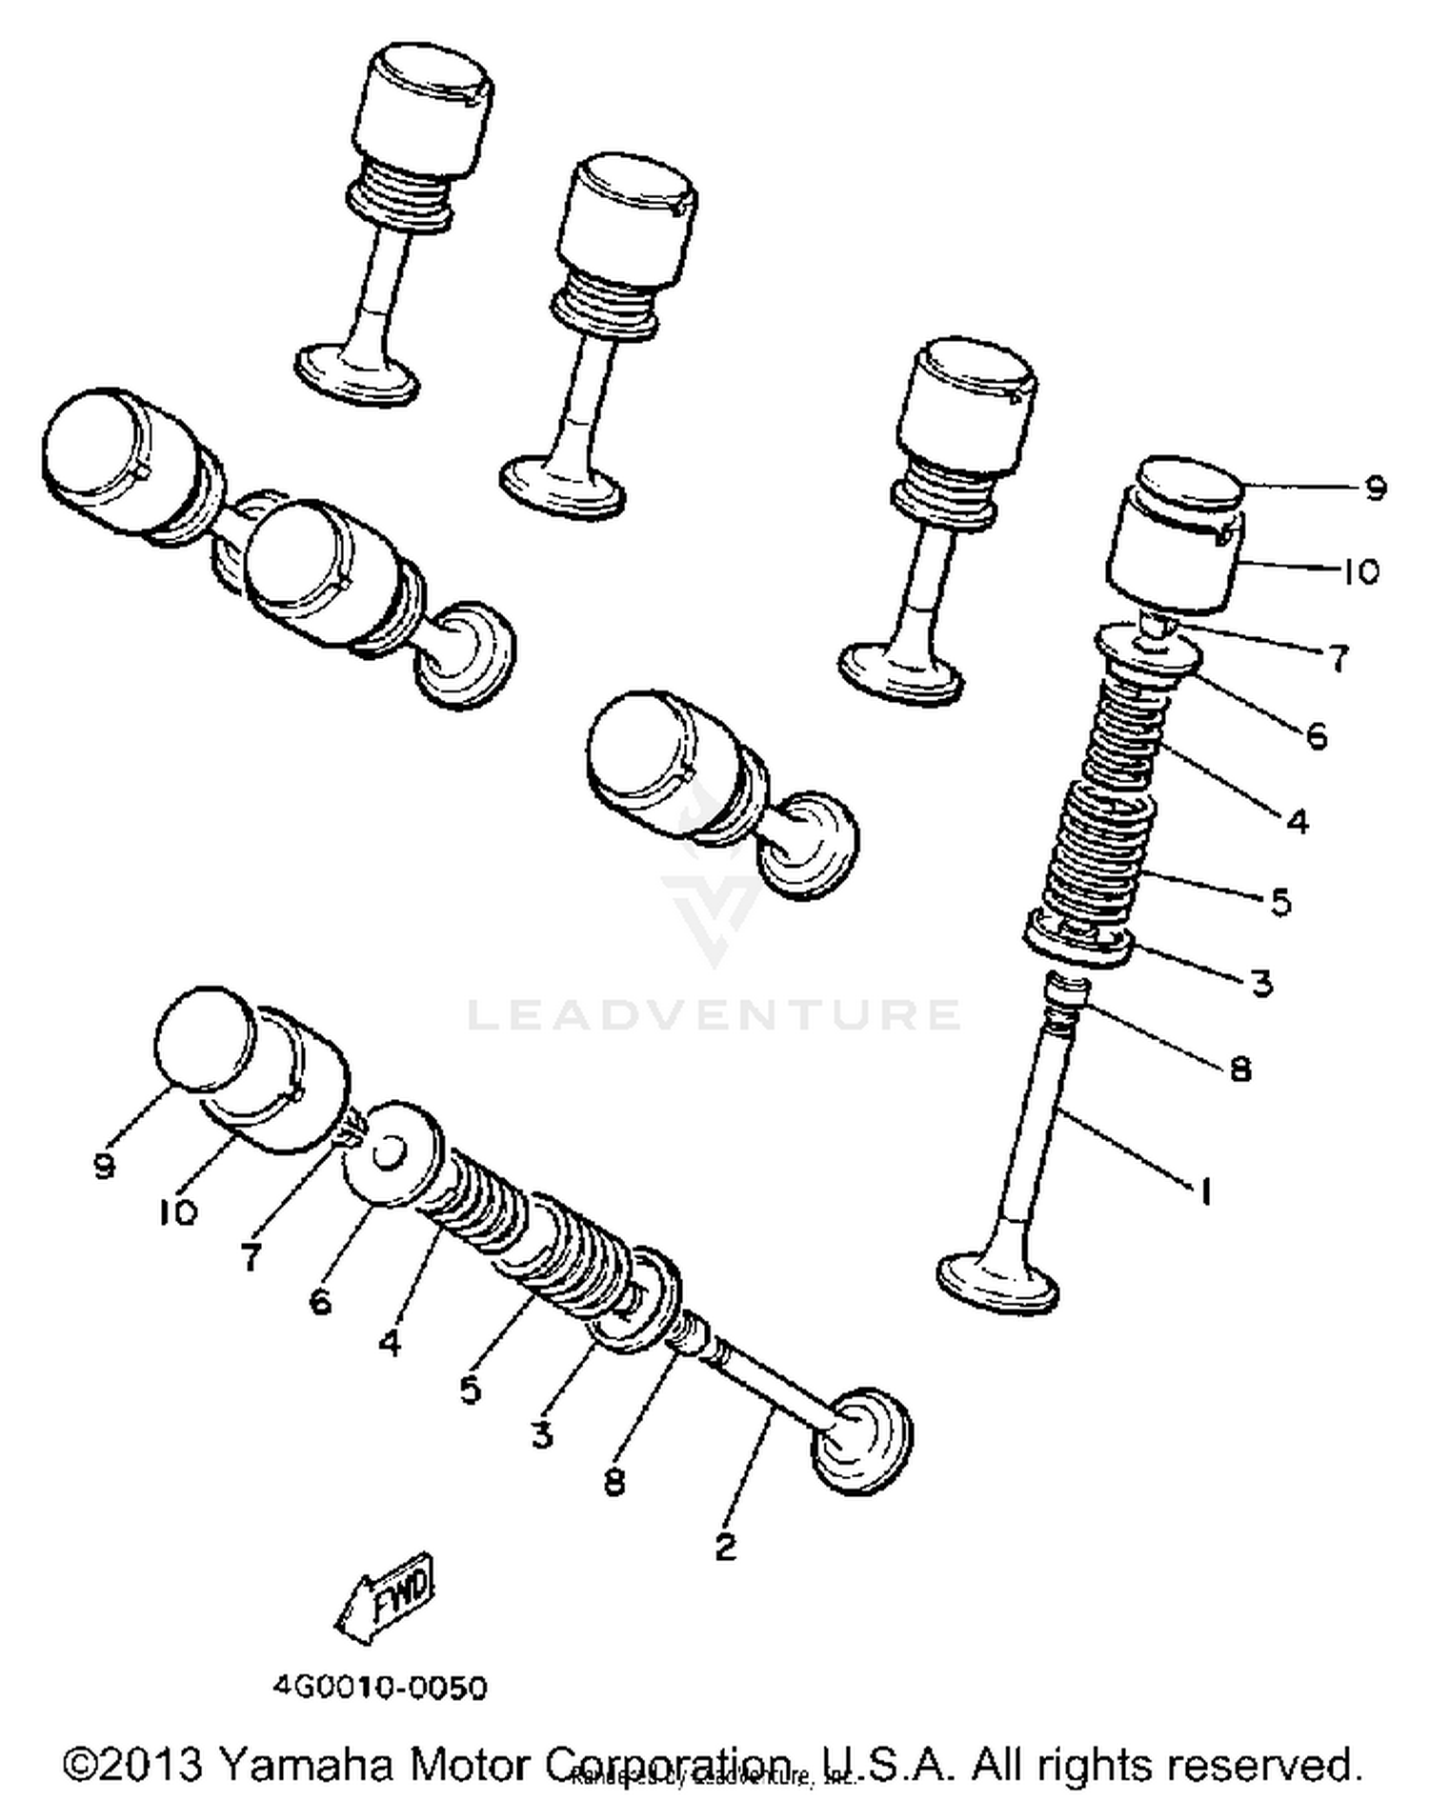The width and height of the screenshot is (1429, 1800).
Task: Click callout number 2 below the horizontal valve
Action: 726,1546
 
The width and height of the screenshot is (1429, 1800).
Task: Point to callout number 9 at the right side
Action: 1374,489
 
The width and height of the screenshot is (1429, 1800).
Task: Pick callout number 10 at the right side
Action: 1360,571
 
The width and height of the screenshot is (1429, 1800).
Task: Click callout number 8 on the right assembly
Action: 1239,1069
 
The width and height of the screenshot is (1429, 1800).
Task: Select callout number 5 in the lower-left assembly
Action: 471,1390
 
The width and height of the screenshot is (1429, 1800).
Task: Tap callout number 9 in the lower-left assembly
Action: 105,1165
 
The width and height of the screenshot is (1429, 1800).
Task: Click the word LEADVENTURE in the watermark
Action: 714,1014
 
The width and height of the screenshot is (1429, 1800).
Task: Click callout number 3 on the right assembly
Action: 1261,982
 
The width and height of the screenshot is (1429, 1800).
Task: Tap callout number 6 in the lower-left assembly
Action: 321,1300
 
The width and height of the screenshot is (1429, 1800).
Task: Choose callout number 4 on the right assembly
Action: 1298,821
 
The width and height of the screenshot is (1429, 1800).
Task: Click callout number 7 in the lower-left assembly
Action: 251,1257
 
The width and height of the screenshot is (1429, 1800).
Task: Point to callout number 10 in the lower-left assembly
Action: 178,1211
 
